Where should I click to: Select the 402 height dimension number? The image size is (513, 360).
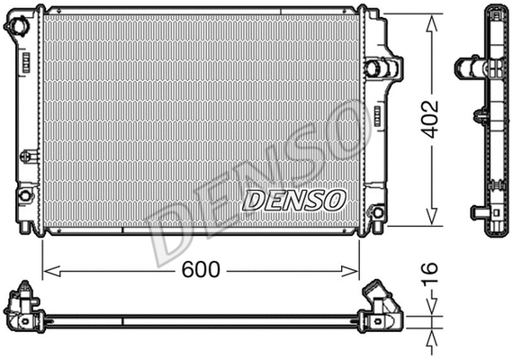[x=434, y=119]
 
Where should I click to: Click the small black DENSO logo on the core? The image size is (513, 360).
[x=292, y=199]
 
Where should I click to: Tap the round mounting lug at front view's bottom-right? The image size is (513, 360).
[x=377, y=212]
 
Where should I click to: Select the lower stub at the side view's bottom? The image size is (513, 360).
[x=478, y=213]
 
